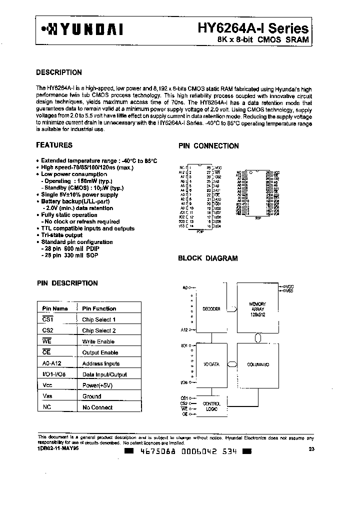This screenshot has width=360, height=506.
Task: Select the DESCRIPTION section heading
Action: coord(59,72)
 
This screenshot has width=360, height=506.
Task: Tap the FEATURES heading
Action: coord(54,145)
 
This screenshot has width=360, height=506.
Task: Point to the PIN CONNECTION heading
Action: coord(208,146)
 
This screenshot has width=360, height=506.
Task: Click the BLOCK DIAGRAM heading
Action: coord(208,258)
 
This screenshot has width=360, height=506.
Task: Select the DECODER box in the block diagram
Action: coord(211,309)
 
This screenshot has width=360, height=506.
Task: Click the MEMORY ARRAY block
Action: coord(257,308)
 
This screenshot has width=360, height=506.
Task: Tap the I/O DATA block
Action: coord(211,364)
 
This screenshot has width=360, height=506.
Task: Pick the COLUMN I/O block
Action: coord(258,364)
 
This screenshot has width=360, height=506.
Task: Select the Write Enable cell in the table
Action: coord(98,341)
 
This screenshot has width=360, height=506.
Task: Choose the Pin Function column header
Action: coord(99,308)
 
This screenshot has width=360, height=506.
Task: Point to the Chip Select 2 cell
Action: coord(99,330)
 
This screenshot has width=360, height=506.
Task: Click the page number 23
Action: coord(312,449)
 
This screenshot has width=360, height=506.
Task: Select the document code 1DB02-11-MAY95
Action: coord(58,449)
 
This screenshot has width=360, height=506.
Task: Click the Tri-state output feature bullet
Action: coord(61,235)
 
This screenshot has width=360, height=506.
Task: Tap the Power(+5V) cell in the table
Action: coord(98,385)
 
